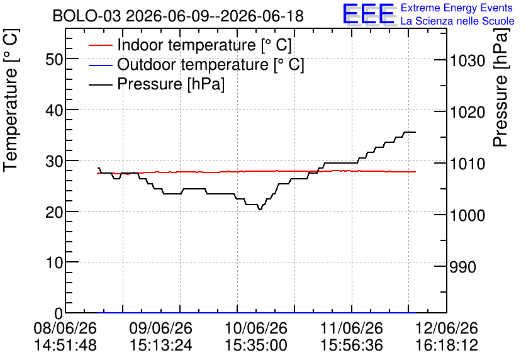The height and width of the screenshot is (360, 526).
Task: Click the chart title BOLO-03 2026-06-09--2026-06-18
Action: pyautogui.click(x=178, y=16)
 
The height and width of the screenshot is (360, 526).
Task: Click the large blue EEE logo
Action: pyautogui.click(x=369, y=14)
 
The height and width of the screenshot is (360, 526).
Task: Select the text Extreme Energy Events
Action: pyautogui.click(x=457, y=8)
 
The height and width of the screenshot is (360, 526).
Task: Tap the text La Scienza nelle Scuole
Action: pyautogui.click(x=457, y=21)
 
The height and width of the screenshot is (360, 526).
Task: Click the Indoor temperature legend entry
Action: pyautogui.click(x=190, y=45)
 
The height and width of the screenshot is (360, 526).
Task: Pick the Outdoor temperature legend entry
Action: pyautogui.click(x=196, y=64)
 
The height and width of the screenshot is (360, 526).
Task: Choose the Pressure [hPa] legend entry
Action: pyautogui.click(x=157, y=84)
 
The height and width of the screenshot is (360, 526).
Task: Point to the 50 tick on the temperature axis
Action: pyautogui.click(x=54, y=59)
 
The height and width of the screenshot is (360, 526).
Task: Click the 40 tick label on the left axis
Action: pyautogui.click(x=54, y=110)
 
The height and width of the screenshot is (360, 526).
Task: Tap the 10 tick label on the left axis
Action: pyautogui.click(x=54, y=262)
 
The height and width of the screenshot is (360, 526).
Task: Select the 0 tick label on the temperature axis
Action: pyautogui.click(x=59, y=313)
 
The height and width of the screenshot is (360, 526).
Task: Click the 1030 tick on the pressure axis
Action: pyautogui.click(x=467, y=60)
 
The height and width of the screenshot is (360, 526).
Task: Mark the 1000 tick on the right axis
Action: pyautogui.click(x=467, y=215)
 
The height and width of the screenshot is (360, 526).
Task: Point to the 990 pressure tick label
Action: pyautogui.click(x=463, y=267)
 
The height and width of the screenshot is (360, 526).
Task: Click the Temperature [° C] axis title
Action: pyautogui.click(x=11, y=101)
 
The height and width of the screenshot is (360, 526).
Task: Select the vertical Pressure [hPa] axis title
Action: pyautogui.click(x=500, y=87)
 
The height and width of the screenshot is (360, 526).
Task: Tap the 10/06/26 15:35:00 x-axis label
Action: pyautogui.click(x=256, y=337)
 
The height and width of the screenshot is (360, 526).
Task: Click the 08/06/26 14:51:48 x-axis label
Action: pyautogui.click(x=65, y=337)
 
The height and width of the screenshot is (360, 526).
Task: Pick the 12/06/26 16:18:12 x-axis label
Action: pyautogui.click(x=447, y=337)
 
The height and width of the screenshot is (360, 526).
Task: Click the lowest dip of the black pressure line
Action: pyautogui.click(x=260, y=210)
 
